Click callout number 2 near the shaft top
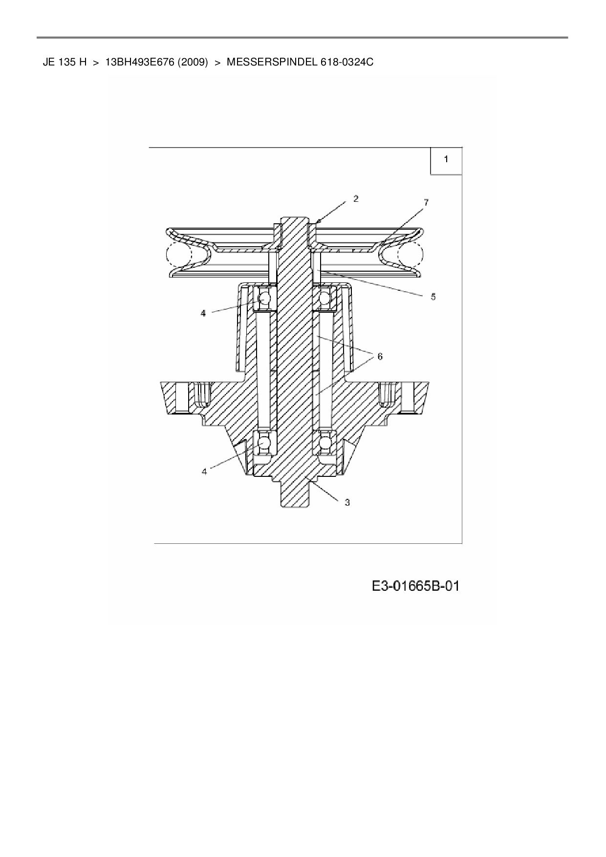point(356,199)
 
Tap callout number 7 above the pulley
point(426,202)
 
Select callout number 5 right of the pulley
point(433,297)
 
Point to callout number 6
point(380,356)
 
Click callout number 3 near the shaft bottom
point(347,502)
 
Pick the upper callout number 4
point(203,313)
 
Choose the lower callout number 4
point(204,471)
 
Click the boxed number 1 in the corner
point(446,159)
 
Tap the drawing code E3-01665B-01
point(416,586)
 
